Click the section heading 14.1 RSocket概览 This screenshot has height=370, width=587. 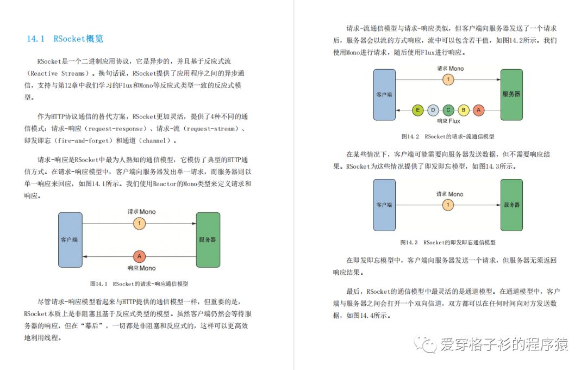65,39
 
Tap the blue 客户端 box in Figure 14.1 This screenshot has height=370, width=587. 70,239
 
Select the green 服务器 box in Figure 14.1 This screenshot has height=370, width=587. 208,239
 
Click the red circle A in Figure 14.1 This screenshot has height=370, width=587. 140,256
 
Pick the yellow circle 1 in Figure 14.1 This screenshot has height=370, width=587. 140,223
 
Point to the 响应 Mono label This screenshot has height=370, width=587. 141,268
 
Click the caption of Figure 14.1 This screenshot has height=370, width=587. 139,284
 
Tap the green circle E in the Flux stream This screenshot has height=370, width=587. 417,110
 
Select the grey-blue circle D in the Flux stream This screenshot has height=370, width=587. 433,110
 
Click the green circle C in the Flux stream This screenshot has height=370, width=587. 448,110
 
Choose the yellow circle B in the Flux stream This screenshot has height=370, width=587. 463,110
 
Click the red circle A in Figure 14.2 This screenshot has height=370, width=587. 478,110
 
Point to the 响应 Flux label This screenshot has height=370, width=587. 448,121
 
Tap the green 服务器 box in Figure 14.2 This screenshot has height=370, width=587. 511,95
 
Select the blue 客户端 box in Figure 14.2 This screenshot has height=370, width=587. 384,95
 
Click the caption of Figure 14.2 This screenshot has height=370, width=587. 448,137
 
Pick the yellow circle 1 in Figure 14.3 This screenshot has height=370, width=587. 448,205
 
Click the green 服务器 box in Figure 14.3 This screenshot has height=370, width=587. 511,205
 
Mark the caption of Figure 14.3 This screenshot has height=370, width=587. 448,242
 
